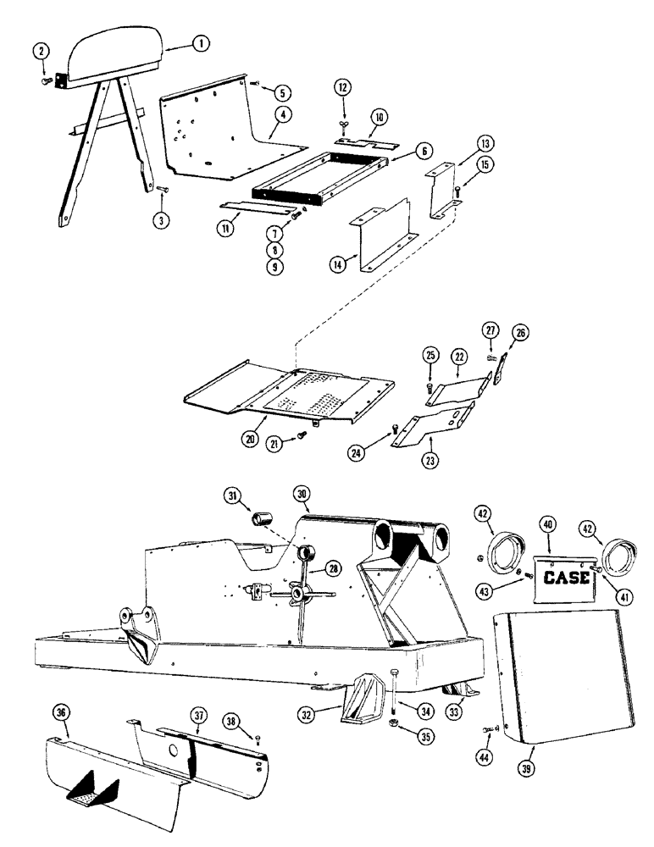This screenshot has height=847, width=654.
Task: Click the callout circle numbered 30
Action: [x=302, y=494]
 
